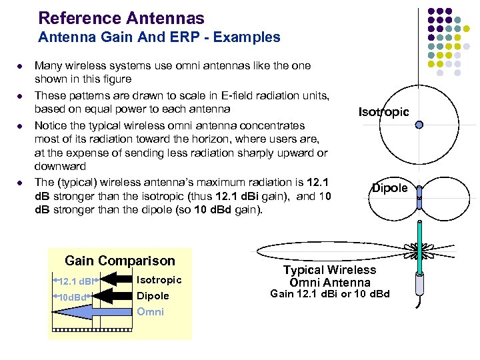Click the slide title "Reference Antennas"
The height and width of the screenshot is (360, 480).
pos(121,18)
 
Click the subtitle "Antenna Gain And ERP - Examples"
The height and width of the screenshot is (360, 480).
pos(159,37)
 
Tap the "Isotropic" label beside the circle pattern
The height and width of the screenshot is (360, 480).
pos(383,112)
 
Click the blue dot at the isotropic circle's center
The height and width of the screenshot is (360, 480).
pos(419,125)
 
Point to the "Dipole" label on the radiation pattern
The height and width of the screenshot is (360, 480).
pos(390,188)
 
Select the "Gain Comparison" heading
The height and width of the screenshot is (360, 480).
pos(120,261)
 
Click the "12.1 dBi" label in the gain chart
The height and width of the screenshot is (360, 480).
pos(77,281)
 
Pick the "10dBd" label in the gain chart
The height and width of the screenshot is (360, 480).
pos(73,297)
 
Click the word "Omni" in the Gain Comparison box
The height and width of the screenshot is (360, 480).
pos(151,312)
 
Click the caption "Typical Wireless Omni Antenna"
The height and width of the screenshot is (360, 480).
pos(330,276)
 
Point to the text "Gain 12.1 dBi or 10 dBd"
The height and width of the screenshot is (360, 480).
pos(330,294)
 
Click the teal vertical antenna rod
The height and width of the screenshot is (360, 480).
pos(420,247)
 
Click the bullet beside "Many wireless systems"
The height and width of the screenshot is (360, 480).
pos(21,67)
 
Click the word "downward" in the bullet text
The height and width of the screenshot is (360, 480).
pos(60,166)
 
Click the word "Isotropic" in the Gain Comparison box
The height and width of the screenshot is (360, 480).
pos(159,280)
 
